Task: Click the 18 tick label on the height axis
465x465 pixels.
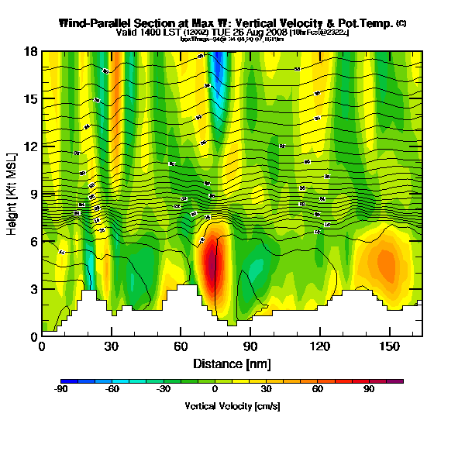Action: (32, 52)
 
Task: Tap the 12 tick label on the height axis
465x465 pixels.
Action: (32, 146)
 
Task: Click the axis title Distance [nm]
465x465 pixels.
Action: (232, 363)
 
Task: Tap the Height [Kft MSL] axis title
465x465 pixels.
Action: (13, 194)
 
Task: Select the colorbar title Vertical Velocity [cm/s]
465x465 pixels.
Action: (232, 406)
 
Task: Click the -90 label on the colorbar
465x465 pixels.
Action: (60, 390)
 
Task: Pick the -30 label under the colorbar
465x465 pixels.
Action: (163, 390)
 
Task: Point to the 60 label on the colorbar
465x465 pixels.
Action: (318, 390)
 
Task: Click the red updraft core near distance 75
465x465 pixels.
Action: (213, 267)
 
